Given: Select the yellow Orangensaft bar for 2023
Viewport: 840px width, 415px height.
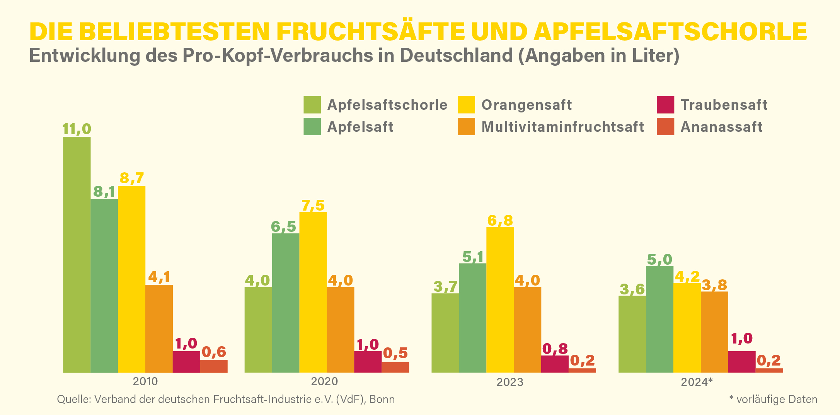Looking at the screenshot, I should pos(500,299).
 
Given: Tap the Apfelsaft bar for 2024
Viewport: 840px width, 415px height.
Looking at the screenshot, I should pos(659,319).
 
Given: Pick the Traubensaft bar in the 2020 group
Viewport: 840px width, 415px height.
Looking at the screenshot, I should pos(368,362).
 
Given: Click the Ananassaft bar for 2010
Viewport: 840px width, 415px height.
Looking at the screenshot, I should pos(214,366).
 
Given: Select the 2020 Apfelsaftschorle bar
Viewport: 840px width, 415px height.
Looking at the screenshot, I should pos(258,329).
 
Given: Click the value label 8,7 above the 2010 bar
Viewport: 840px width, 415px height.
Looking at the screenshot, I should pos(132,178).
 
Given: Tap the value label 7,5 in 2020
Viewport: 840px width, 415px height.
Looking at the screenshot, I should pos(313,205).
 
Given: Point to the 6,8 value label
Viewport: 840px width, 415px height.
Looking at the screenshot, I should pos(500,220).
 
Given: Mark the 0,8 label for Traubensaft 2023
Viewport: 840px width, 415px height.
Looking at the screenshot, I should pos(555,349).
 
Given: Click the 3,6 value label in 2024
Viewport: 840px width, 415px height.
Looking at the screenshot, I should pos(632,289).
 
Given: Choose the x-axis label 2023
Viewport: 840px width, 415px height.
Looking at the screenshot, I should pos(510,382).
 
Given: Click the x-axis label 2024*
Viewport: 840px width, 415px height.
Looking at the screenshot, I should pos(697,382).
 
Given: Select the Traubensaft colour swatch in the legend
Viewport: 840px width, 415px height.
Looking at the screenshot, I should pos(665,105).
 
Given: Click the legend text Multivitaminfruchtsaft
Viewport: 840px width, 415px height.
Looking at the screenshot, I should pos(562,127).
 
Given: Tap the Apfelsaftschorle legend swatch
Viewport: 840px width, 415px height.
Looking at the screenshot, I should pos(312,105).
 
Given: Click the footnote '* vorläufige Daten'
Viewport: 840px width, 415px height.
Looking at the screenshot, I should pos(773,399).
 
